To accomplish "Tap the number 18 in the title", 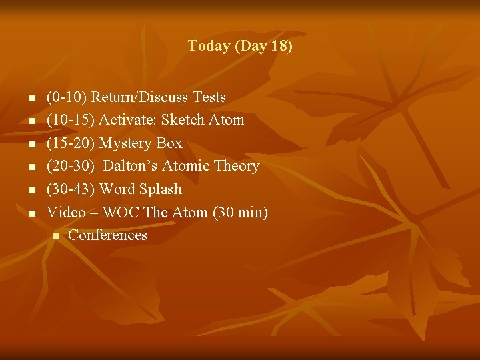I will coord(279,47).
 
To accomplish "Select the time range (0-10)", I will coord(67,97).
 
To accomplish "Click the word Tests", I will coord(209,97).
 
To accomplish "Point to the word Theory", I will coord(237,166).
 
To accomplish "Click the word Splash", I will coord(159,189).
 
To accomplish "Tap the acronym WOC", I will coord(118,213).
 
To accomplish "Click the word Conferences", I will coord(107,235).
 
